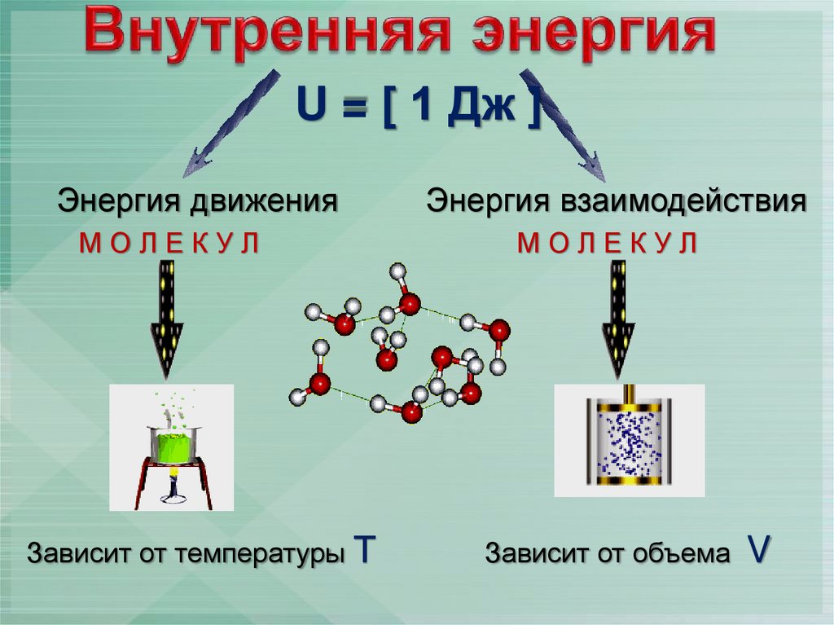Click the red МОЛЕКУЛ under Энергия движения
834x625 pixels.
[169, 242]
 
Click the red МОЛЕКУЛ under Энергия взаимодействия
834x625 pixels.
[608, 242]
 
